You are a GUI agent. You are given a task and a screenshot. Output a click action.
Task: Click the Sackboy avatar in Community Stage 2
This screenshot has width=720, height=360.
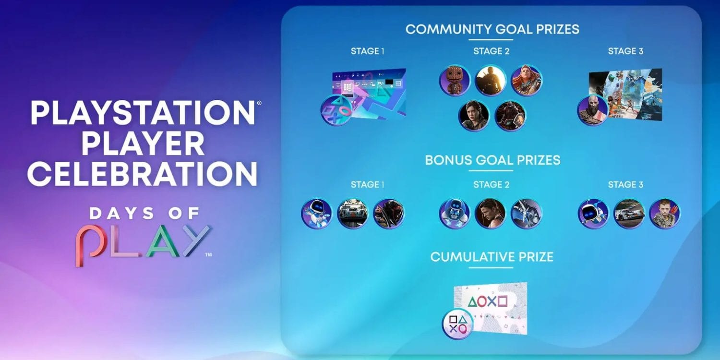coord(455,80)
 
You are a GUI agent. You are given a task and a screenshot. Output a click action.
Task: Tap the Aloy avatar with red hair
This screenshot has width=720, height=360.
coord(527,80)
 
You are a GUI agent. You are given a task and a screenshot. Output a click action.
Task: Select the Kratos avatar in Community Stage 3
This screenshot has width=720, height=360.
coord(593,110)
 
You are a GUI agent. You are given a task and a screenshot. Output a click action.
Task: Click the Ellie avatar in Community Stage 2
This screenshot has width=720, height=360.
coord(473,116)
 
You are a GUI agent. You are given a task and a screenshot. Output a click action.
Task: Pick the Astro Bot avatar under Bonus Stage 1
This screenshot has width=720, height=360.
coord(317,214)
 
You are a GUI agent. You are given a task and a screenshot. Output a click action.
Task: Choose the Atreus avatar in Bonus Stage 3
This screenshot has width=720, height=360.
coord(664,214)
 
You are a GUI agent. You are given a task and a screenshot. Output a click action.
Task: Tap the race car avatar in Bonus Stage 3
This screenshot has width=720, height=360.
coord(629,214)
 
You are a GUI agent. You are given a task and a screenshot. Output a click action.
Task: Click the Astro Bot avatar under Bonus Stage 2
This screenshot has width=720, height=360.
coord(455,214)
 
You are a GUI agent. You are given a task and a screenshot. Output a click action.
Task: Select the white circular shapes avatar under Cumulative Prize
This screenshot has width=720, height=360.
coord(457,324)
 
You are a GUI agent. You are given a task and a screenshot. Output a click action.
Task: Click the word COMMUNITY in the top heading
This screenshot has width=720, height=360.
coord(448,29)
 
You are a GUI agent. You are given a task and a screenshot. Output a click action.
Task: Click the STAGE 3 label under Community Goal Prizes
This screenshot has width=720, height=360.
coord(625,51)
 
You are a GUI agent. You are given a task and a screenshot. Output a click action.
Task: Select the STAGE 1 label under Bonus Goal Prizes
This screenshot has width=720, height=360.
coord(367,184)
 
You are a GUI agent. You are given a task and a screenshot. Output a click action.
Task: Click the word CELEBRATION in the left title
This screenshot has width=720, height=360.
coord(142,174)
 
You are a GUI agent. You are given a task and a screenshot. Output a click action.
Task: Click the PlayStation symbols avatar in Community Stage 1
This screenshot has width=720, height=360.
coord(336,110)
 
